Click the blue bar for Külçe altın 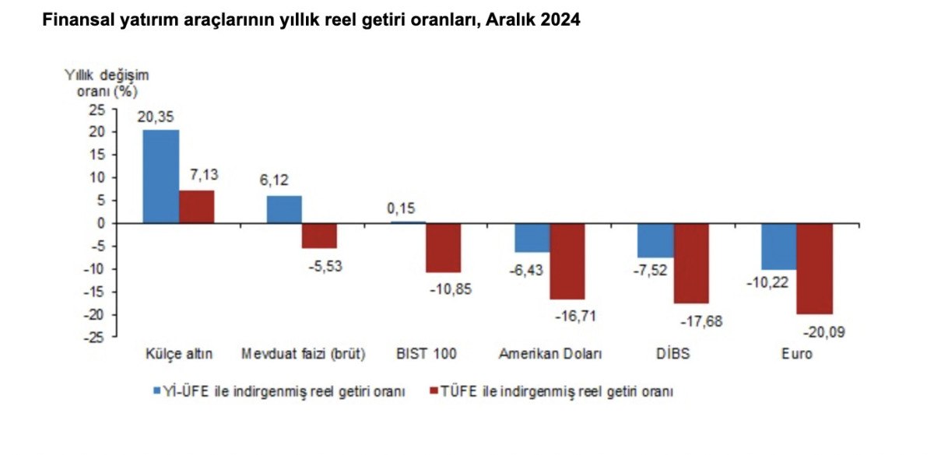pos(160,177)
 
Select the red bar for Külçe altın pos(196,207)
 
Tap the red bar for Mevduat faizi pos(319,235)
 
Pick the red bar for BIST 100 pos(443,247)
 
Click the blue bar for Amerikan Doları pos(532,237)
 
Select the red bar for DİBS pos(691,263)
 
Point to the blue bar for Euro pos(779,246)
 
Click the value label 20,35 pos(156,117)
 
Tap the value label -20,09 pos(822,332)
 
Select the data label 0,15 pos(403,209)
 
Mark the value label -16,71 pos(575,316)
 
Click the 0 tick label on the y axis pos(100,223)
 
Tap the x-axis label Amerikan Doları pos(550,354)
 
